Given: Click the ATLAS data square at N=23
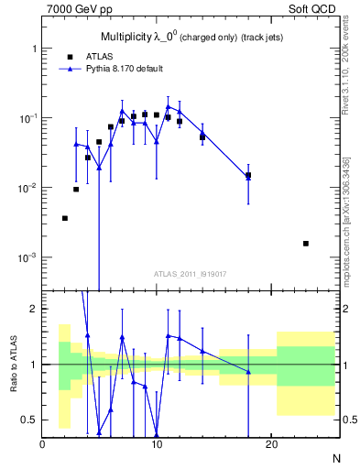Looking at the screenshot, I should point(305,244).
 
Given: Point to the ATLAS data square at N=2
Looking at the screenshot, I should point(65,218).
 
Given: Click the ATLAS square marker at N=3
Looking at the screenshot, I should point(76,189).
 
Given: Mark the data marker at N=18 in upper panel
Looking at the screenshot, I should point(248,175).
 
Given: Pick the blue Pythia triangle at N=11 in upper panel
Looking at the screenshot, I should point(168,107).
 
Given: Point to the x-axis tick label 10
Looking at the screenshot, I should point(157,443).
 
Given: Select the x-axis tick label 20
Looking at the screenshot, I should point(271,443).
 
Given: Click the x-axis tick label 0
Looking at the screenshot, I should point(42,443).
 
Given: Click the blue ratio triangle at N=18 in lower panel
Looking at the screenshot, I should point(248,372).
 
